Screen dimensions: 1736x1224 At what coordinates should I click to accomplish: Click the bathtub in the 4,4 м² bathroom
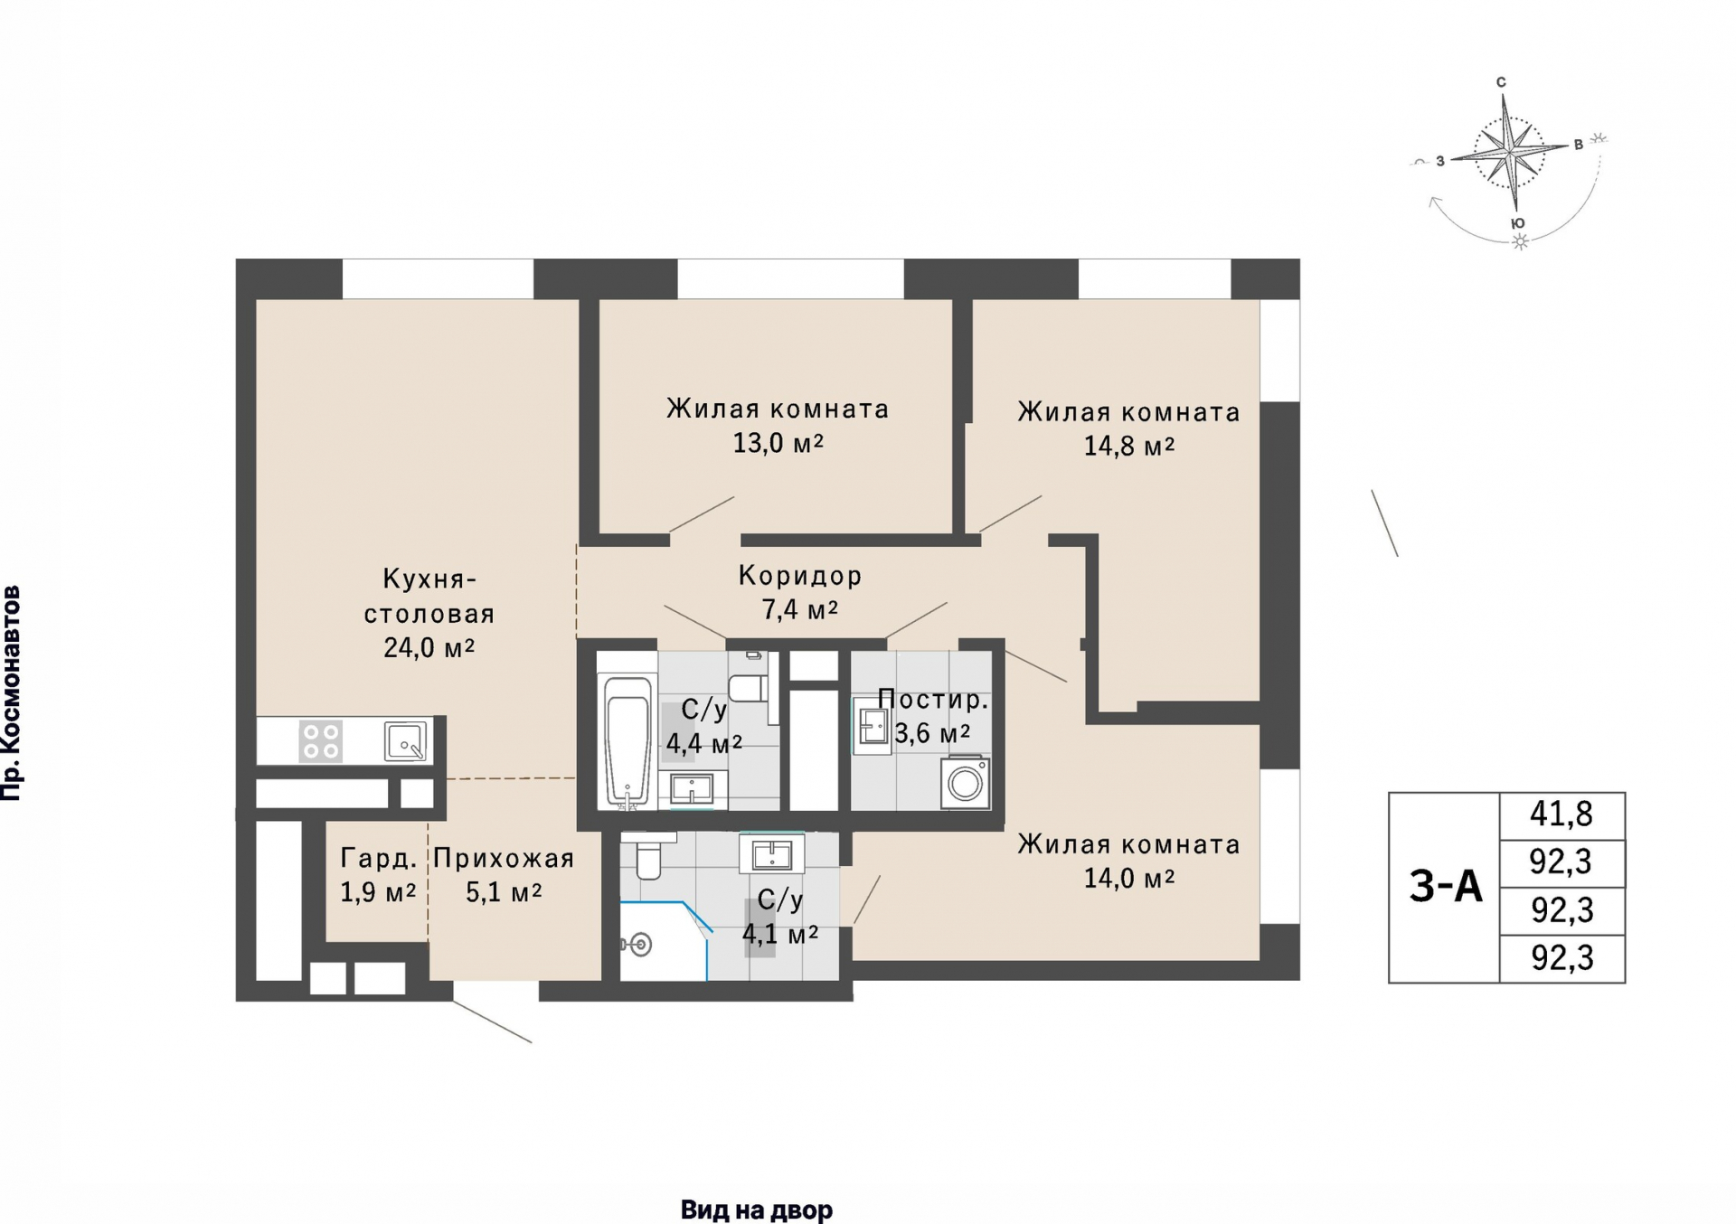coord(627,739)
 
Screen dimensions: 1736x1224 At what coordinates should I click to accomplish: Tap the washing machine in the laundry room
coord(965,782)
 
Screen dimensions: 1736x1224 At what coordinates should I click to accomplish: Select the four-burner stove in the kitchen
coord(321,740)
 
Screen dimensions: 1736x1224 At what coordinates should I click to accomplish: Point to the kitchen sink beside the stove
coord(405,740)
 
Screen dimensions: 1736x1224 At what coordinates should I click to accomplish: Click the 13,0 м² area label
coord(778,443)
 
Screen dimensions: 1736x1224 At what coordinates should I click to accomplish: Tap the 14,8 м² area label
coord(1129,446)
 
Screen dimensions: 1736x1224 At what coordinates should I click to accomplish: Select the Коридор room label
coord(800,575)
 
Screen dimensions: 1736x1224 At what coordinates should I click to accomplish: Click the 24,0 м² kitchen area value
coord(429,647)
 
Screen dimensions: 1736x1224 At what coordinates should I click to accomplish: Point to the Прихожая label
coord(504,858)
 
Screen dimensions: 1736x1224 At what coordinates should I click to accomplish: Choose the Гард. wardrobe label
coord(379,858)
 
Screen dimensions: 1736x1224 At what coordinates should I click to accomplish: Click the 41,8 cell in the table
coord(1561,814)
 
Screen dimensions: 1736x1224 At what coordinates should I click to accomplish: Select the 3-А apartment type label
coord(1446,886)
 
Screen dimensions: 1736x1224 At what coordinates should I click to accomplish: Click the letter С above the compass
coord(1501,82)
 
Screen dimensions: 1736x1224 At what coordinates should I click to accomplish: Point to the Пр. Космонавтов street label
coord(12,693)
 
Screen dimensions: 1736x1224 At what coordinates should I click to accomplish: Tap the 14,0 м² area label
coord(1129,878)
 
